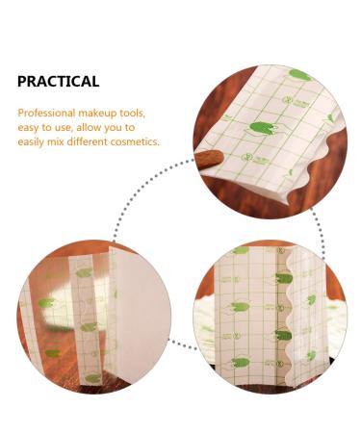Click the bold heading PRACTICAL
[58, 82]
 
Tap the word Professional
[46, 113]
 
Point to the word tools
[133, 113]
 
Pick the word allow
[88, 127]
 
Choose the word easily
[31, 142]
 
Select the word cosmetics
[135, 141]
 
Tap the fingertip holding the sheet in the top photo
[209, 159]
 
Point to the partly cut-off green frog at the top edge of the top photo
[299, 75]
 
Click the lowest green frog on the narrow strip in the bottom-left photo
[92, 378]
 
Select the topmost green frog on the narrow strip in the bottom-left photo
[84, 273]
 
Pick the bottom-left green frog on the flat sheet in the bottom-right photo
[241, 363]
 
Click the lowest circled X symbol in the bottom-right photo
[280, 364]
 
